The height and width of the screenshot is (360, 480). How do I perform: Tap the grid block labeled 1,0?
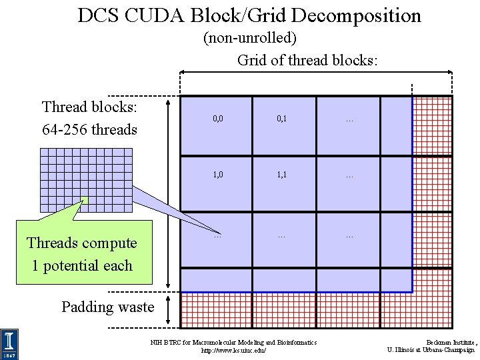pos(217,177)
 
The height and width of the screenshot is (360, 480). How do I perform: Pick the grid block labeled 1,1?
pos(282,177)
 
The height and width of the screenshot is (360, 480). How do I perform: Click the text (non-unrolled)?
pos(249,38)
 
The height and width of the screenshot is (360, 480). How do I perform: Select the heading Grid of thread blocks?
pos(307,60)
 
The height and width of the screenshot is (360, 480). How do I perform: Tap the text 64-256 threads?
pos(89,129)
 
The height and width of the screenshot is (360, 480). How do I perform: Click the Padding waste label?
pos(107,307)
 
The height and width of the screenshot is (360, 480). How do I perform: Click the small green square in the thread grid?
pos(85,199)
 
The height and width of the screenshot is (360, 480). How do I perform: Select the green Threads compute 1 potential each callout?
pos(82,254)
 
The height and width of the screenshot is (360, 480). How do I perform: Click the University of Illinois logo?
pos(10,344)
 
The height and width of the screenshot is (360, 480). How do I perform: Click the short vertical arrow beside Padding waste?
pos(172,310)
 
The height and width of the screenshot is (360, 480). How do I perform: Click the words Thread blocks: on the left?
pos(89,107)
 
